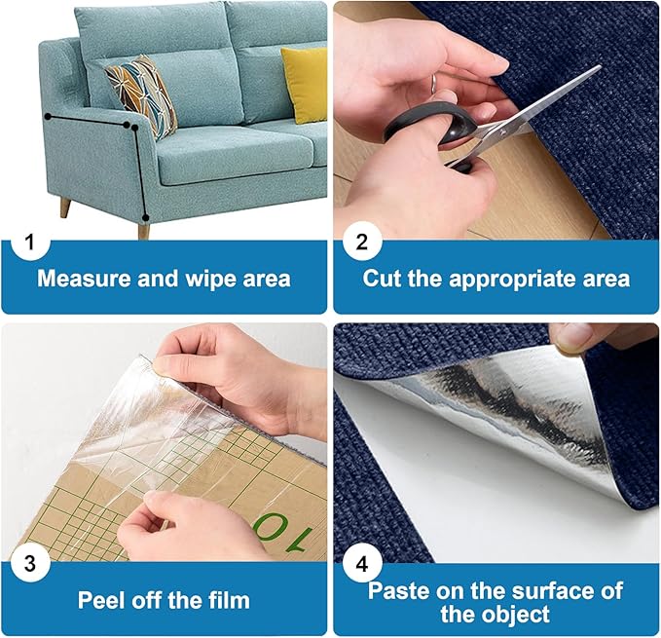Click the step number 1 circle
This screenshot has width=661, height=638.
click(29, 242)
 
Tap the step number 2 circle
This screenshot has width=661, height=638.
click(362, 242)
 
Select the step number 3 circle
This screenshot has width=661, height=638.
click(29, 563)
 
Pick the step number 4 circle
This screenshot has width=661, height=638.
click(362, 563)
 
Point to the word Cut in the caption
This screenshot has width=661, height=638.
click(382, 279)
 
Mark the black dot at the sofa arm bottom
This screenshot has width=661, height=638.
click(145, 217)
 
